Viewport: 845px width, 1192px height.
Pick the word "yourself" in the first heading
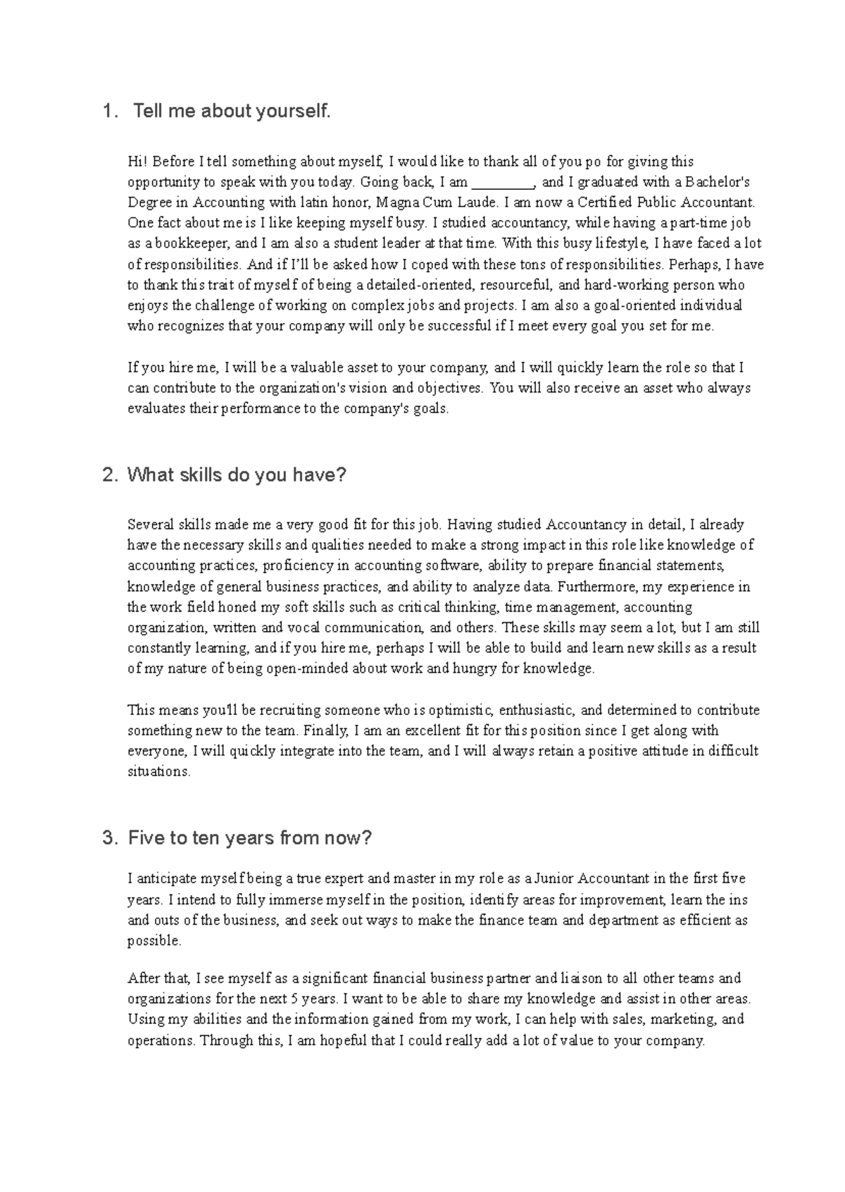(293, 111)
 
